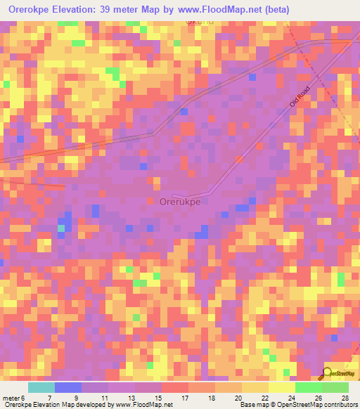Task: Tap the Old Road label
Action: pyautogui.click(x=300, y=97)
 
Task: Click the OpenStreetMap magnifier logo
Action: pyautogui.click(x=328, y=375)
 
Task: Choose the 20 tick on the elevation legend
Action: pyautogui.click(x=240, y=397)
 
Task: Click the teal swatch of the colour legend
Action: pyautogui.click(x=41, y=387)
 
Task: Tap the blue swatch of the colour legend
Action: pyautogui.click(x=68, y=387)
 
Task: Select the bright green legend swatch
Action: pyautogui.click(x=308, y=387)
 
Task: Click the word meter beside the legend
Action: pyautogui.click(x=12, y=397)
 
